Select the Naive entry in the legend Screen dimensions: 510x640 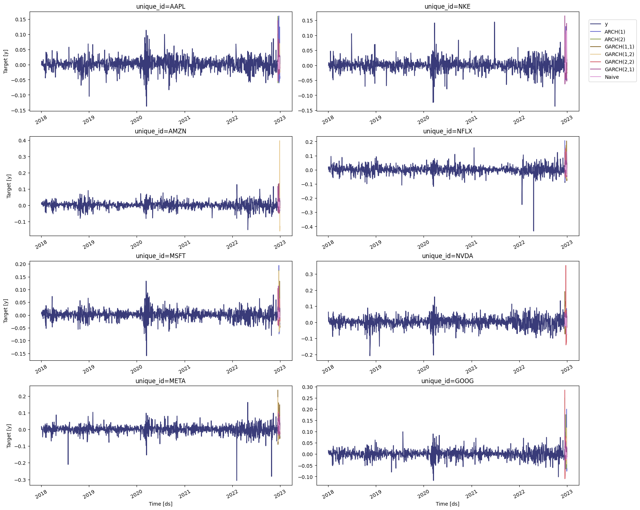pos(611,77)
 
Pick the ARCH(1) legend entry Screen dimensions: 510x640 pos(615,32)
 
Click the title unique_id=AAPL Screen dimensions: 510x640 pos(160,7)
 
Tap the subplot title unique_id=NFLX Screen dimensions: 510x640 pos(447,131)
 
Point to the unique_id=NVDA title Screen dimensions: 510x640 pos(447,256)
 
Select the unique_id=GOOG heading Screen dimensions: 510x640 pos(447,381)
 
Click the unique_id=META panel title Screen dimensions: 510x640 pos(160,381)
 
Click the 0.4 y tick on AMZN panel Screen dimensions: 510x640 pos(22,141)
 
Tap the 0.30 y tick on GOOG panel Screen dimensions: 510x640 pos(307,387)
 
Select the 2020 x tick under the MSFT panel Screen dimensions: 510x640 pos(137,369)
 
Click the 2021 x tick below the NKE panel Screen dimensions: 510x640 pos(471,120)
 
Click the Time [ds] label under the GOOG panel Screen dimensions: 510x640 pos(447,503)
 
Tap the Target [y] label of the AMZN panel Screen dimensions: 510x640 pos(9,186)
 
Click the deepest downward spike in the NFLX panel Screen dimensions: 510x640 pos(533,230)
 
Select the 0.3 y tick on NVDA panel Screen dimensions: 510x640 pos(309,274)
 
